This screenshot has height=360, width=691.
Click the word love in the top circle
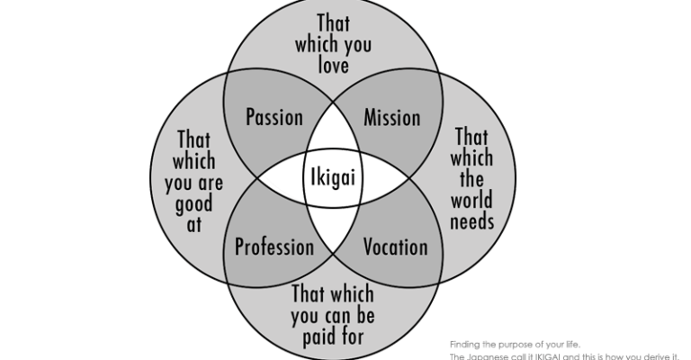pos(333,66)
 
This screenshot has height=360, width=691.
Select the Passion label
pos(274,118)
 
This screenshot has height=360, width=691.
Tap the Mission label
pos(391,118)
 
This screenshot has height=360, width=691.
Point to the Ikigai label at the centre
pos(332,176)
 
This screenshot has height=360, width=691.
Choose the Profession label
pos(274,247)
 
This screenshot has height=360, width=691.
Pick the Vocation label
pos(395,247)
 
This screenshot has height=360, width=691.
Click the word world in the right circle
pos(471,199)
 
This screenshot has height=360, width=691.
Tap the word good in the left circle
pos(194,202)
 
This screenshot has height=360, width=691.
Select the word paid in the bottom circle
pos(314,337)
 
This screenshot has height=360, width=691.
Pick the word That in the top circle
pos(333,22)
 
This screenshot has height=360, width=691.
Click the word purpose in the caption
pos(516,343)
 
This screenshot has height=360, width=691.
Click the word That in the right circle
pos(471,137)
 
